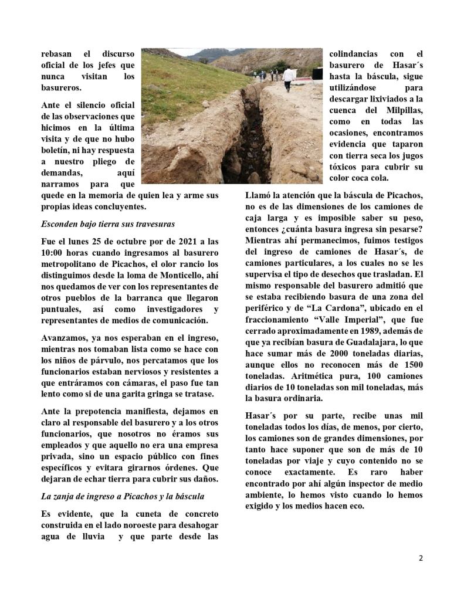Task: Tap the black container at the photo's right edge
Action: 317,74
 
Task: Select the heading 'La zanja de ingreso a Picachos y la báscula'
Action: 123,496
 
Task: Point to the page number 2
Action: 421,558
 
